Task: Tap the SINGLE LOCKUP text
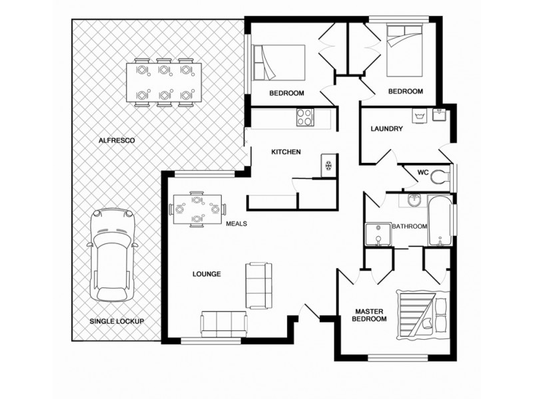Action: point(117,321)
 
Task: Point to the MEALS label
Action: point(237,224)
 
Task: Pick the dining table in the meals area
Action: point(197,209)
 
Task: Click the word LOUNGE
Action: point(207,274)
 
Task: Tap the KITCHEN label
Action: point(286,152)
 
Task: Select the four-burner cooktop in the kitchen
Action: point(304,117)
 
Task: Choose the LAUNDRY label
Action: point(386,129)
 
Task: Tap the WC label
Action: point(422,172)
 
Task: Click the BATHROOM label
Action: point(409,227)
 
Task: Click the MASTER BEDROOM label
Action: point(370,315)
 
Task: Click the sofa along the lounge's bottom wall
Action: point(222,324)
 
